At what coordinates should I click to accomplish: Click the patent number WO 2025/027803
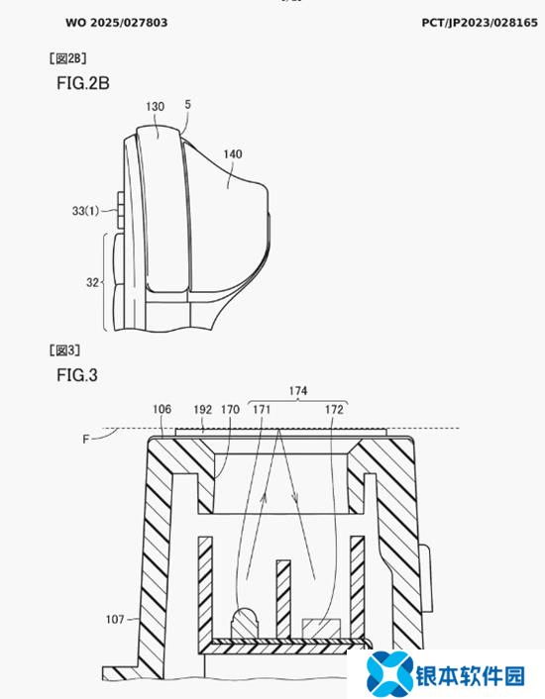click(116, 23)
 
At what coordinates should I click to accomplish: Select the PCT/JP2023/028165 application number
click(480, 23)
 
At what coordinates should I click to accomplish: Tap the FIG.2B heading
click(83, 83)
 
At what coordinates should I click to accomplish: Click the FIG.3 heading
click(76, 375)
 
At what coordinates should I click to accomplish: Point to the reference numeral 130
click(155, 107)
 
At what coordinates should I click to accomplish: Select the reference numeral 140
click(232, 154)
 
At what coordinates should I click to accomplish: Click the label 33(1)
click(85, 211)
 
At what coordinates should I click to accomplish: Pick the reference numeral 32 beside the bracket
click(92, 282)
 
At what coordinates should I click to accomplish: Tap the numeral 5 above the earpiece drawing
click(187, 104)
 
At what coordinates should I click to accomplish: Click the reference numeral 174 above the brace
click(298, 391)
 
